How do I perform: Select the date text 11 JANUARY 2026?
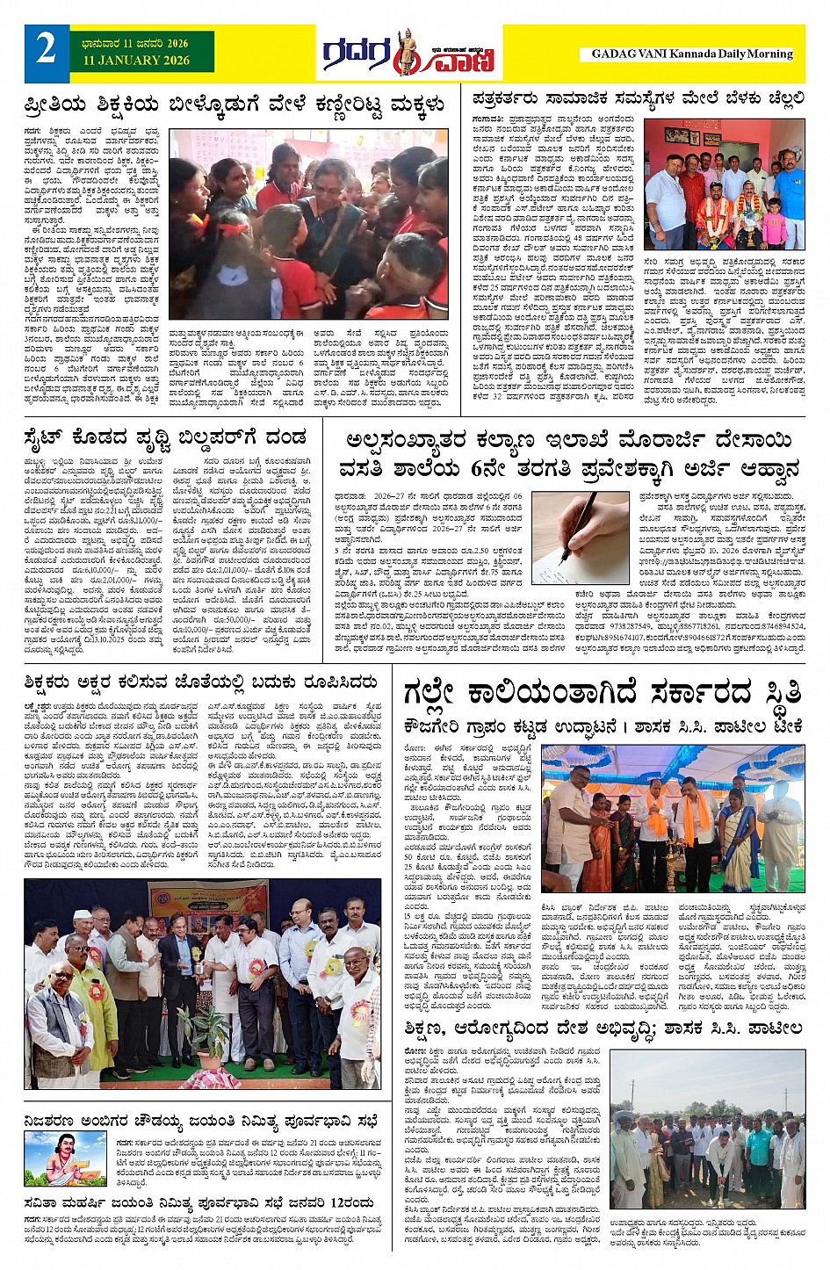[136, 61]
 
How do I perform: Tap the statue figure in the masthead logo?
[405, 52]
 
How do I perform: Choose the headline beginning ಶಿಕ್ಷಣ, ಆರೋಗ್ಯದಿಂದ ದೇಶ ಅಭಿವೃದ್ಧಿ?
[603, 1028]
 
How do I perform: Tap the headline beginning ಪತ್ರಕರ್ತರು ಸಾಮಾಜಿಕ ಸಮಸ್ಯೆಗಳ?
[638, 97]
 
